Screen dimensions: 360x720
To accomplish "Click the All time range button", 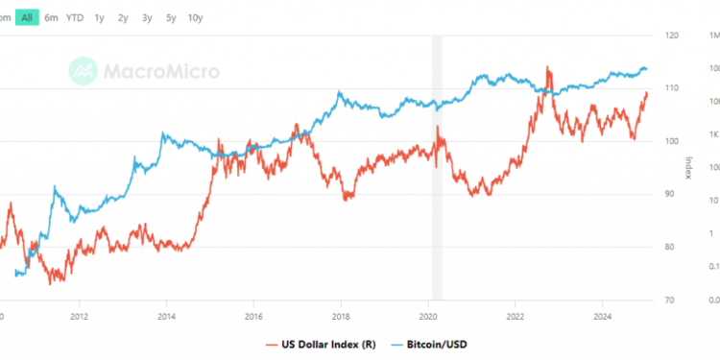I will [27, 17].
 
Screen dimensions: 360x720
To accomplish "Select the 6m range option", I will [51, 17].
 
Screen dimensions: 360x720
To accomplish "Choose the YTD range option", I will [75, 17].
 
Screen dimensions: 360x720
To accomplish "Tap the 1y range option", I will [99, 17].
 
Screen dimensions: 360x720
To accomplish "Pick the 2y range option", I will [123, 17].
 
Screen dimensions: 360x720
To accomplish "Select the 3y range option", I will [147, 17].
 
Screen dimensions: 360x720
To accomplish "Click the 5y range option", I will [170, 17].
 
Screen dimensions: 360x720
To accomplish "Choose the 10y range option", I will [195, 17].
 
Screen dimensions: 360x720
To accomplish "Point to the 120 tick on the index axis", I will [672, 36].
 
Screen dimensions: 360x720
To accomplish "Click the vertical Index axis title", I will [688, 168].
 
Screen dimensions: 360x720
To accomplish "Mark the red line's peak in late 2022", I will [547, 68].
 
